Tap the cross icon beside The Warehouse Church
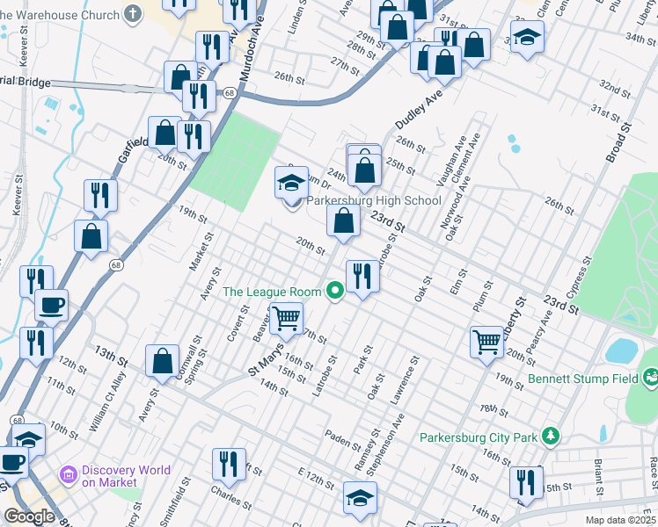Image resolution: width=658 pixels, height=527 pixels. coord(132,14)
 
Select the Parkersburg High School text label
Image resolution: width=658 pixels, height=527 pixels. coord(373,200)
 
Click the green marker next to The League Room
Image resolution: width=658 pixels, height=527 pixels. coord(334,291)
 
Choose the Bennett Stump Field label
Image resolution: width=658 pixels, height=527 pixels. coord(582,380)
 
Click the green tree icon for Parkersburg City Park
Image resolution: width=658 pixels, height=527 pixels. coord(550,436)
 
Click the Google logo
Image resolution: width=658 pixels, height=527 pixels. coord(29,516)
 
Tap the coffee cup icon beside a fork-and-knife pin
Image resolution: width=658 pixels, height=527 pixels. coord(51,306)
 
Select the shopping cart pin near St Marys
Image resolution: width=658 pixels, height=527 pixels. coord(286,319)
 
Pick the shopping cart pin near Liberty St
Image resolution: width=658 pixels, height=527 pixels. coord(486,341)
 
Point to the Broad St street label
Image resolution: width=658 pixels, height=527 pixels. coord(619,143)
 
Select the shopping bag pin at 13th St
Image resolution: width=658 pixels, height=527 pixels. coord(162,360)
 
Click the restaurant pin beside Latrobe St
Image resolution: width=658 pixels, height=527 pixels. coord(362,277)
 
